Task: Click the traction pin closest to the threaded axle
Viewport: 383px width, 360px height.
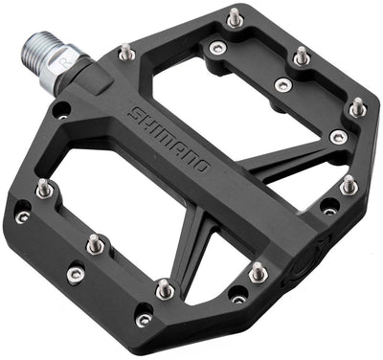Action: tap(124, 53)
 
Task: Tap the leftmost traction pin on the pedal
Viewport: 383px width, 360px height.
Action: tap(43, 188)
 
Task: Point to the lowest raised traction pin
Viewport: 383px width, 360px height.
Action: tap(165, 286)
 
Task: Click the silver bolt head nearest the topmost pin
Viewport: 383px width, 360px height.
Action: tap(218, 48)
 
